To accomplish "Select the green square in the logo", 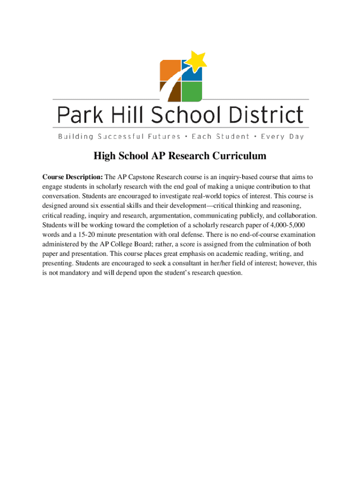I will point(192,91).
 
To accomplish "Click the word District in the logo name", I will point(269,115).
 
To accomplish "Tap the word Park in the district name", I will point(76,115).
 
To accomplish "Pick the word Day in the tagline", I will point(295,137).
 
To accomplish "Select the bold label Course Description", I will point(72,177).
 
